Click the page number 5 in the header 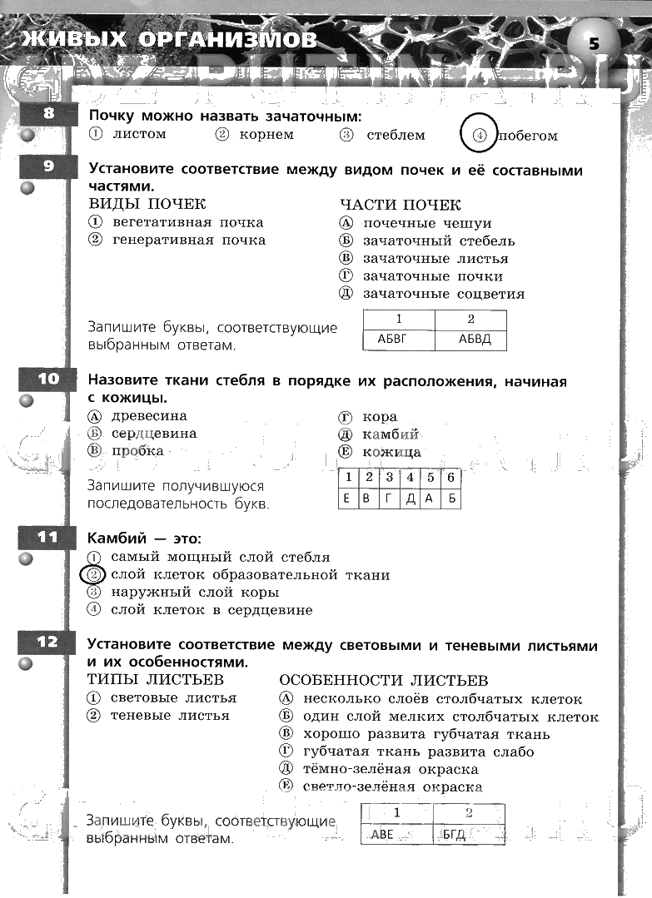tap(593, 44)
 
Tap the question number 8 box tap(47, 113)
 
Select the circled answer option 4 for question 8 tap(479, 135)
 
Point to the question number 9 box tap(47, 166)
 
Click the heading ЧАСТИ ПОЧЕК tap(401, 205)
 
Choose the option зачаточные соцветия tap(444, 294)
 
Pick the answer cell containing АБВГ tap(398, 340)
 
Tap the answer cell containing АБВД tap(470, 340)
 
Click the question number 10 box tap(47, 379)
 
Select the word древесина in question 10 tap(149, 416)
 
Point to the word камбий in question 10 tap(391, 434)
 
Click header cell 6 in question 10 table tap(450, 478)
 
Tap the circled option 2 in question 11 tap(94, 575)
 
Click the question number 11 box tap(47, 538)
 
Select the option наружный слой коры tap(195, 593)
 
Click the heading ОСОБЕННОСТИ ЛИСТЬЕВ tap(384, 681)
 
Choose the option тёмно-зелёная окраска tap(391, 769)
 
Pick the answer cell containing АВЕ tap(396, 834)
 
